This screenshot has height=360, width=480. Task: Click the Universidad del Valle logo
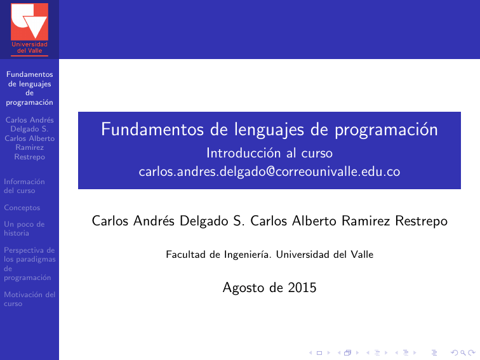click(29, 28)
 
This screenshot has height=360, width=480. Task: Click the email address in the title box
click(269, 171)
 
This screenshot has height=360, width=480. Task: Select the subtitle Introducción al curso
click(269, 153)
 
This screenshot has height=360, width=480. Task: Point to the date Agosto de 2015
click(269, 288)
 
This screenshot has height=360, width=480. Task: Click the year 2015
click(302, 288)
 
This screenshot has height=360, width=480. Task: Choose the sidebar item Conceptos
click(22, 208)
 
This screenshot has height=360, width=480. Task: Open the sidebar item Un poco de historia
click(24, 229)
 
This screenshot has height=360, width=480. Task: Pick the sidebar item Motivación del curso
click(29, 298)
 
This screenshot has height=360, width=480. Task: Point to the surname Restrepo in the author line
click(422, 221)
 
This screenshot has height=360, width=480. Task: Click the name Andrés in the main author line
click(156, 221)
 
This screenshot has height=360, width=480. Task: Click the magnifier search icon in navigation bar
click(462, 352)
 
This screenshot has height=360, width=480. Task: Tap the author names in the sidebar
click(29, 138)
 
